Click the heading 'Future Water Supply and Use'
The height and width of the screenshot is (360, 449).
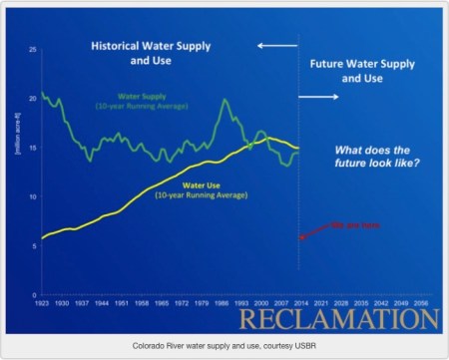coord(361,69)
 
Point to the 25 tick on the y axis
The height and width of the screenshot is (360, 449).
coord(34,50)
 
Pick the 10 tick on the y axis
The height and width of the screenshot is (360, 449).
coord(34,196)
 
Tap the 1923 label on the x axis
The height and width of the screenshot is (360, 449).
coord(44,301)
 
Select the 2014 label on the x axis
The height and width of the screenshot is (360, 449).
coord(299,301)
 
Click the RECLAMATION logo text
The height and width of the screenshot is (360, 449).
coord(340,321)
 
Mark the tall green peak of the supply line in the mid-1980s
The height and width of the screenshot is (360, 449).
coord(225,100)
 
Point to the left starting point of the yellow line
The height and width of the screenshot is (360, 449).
coord(42,238)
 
